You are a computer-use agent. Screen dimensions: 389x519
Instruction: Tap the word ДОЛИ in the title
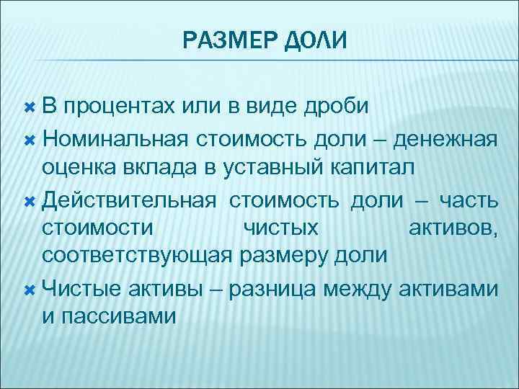click(316, 40)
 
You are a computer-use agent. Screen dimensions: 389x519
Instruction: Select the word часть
click(466, 198)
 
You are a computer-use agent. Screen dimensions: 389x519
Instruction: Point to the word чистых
click(281, 228)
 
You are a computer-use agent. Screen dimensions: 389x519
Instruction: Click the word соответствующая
click(136, 256)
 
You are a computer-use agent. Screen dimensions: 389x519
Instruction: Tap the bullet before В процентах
click(30, 107)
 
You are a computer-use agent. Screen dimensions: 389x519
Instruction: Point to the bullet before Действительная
click(30, 198)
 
